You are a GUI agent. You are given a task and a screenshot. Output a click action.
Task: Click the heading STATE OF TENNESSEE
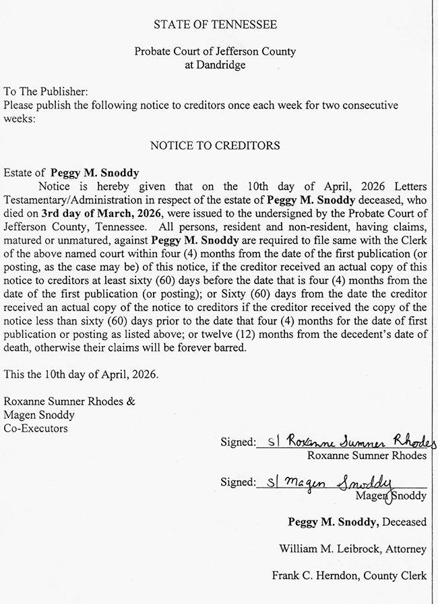click(215, 25)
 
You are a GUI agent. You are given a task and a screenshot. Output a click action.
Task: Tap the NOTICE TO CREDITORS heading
click(215, 145)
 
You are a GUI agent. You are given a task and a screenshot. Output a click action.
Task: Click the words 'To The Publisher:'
click(46, 92)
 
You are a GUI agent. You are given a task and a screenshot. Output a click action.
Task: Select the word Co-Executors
click(35, 428)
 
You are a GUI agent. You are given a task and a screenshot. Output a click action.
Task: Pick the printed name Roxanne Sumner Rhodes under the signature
click(367, 457)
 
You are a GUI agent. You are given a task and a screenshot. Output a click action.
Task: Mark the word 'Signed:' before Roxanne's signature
click(238, 442)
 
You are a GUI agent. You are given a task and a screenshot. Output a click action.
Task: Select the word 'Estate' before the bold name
click(19, 173)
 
